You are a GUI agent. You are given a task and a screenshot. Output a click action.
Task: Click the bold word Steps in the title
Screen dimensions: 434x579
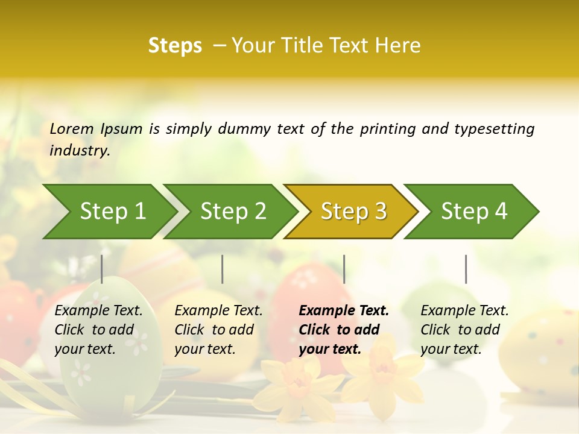pos(175,46)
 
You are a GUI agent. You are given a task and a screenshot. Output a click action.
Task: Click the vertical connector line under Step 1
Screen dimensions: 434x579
pos(102,269)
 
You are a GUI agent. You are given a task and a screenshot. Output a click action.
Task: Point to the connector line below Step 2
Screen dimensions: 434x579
pos(223,269)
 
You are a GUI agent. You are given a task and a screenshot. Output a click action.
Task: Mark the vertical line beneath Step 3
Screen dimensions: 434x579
pos(344,269)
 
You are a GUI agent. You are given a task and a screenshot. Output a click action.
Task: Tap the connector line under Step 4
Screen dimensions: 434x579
pos(466,269)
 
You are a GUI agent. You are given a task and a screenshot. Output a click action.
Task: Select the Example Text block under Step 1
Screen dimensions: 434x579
pos(98,330)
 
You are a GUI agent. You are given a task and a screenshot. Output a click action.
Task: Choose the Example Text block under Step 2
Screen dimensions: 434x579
pos(218,330)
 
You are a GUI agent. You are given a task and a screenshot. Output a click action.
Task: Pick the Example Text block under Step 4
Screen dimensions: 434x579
pos(464,330)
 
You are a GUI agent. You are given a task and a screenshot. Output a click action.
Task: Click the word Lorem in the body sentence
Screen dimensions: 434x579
pos(72,129)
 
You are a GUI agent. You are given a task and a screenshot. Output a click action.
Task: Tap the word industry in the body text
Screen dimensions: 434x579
pos(80,151)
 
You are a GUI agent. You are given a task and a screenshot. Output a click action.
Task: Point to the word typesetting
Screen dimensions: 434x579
pos(494,129)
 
